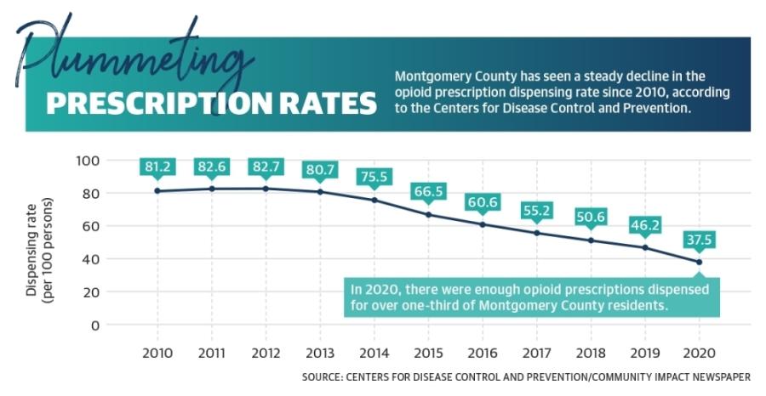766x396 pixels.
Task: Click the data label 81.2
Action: [157, 167]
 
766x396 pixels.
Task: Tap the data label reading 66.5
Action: [427, 192]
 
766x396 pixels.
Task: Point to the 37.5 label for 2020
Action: [698, 240]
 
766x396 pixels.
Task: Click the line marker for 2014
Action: [374, 200]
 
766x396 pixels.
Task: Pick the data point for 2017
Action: [536, 233]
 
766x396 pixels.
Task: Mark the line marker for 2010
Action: [157, 190]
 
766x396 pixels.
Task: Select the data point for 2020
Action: [699, 262]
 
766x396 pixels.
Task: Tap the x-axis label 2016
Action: [482, 351]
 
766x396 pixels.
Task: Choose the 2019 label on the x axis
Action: [644, 351]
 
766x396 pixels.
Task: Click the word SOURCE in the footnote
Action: [321, 376]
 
